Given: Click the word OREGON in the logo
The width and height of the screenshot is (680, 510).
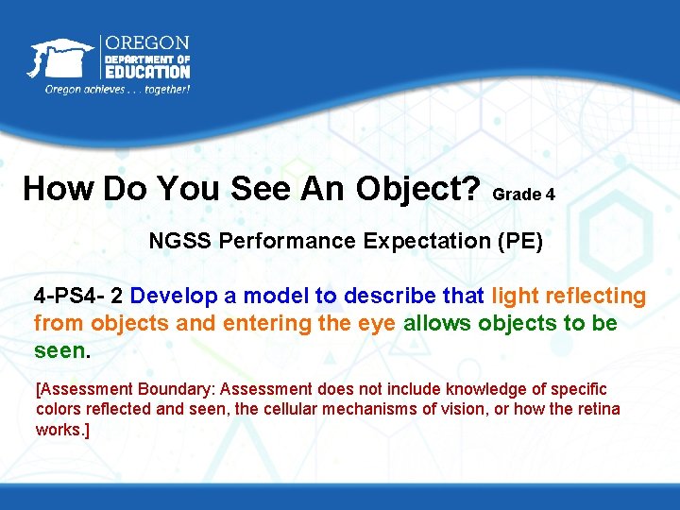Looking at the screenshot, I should point(146,43).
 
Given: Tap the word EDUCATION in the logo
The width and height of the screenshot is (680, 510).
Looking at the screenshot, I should point(146,72).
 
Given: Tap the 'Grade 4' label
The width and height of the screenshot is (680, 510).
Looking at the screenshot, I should point(523,195).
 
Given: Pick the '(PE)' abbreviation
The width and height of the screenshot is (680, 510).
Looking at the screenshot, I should point(520,241).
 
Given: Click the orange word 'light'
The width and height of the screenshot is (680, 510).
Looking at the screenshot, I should point(514,297).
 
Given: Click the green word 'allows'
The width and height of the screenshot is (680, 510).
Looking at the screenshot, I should point(438,323).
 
